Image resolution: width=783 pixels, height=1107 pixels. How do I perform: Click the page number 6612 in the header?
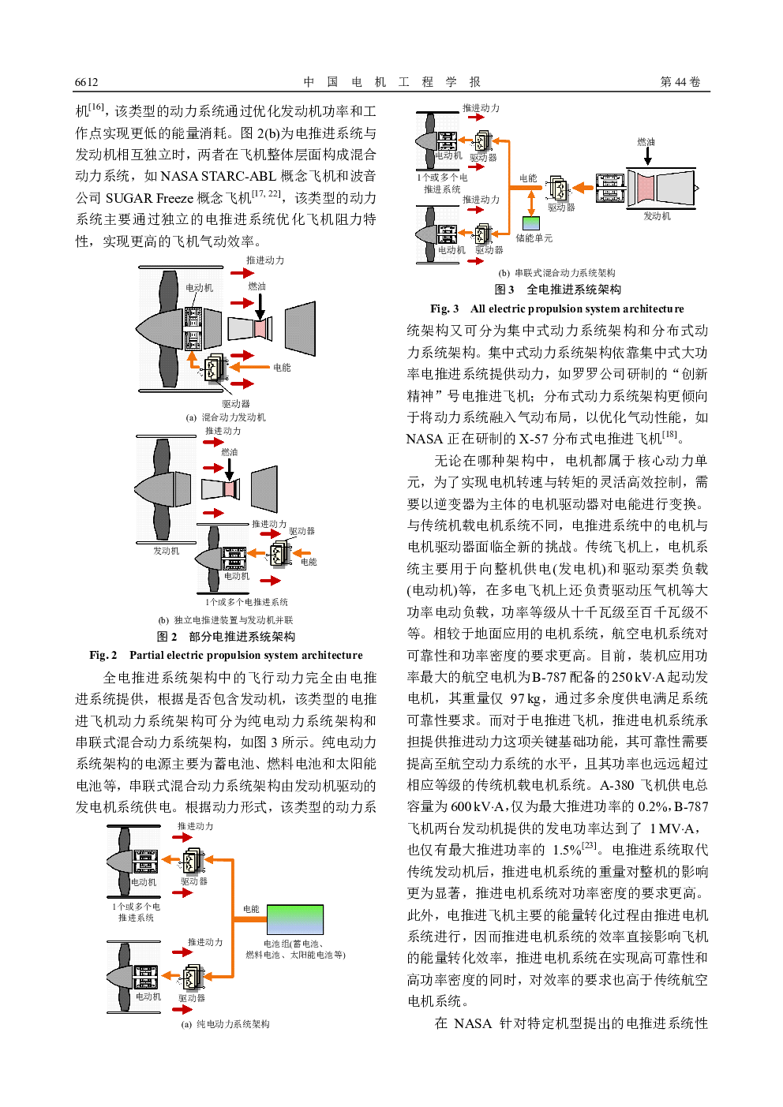(x=87, y=82)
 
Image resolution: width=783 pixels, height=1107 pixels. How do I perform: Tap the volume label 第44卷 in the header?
(x=680, y=82)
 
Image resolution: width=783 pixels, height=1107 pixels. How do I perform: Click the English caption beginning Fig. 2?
(x=226, y=655)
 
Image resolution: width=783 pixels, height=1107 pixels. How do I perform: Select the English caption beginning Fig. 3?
(x=556, y=309)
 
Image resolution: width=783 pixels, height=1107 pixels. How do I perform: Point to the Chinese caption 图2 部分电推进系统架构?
(x=226, y=636)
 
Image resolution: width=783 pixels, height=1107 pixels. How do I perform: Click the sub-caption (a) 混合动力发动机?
(x=226, y=417)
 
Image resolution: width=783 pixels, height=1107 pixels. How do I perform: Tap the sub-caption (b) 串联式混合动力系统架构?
(x=556, y=273)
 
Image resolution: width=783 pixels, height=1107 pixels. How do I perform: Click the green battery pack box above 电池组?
(x=294, y=920)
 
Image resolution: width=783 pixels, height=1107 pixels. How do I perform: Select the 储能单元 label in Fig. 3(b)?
(x=534, y=237)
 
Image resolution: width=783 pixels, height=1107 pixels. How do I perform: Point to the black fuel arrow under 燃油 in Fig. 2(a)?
(x=260, y=305)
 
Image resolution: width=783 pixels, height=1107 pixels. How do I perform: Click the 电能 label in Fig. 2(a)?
(x=282, y=367)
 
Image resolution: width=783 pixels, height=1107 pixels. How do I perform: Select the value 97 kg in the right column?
(x=525, y=698)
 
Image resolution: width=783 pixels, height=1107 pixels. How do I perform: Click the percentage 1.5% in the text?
(x=566, y=850)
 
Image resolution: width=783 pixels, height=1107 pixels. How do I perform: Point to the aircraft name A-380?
(x=616, y=785)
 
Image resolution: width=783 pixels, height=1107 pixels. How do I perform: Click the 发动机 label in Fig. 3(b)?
(x=657, y=215)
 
